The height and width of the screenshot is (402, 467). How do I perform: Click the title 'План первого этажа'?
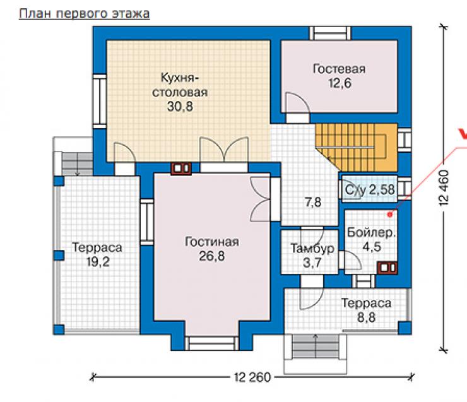click(85, 14)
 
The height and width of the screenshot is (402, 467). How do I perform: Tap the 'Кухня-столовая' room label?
click(180, 85)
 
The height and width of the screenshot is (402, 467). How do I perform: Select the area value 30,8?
click(180, 106)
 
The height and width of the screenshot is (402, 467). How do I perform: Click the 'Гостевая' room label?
click(340, 69)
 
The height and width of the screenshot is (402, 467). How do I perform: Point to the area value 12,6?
click(340, 83)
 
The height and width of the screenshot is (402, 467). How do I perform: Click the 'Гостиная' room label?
click(212, 242)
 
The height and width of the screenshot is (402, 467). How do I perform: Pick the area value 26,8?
click(212, 256)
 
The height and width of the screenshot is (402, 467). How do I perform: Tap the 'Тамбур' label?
click(312, 249)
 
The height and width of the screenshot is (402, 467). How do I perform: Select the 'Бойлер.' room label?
click(372, 233)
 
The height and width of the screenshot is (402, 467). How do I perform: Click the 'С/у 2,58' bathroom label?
click(370, 190)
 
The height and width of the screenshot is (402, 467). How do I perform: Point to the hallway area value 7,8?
click(313, 203)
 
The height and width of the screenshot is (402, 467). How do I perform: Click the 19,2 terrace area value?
click(98, 262)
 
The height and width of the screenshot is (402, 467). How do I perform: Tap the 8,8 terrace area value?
click(366, 317)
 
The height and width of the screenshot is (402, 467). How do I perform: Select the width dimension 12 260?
click(252, 377)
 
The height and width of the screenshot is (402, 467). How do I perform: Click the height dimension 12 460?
click(444, 187)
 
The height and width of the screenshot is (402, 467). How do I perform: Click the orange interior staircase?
click(357, 148)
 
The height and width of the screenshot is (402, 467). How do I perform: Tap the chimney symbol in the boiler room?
click(387, 268)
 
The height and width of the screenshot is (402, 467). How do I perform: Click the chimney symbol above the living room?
click(180, 168)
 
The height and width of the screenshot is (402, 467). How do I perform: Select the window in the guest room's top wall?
click(330, 33)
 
